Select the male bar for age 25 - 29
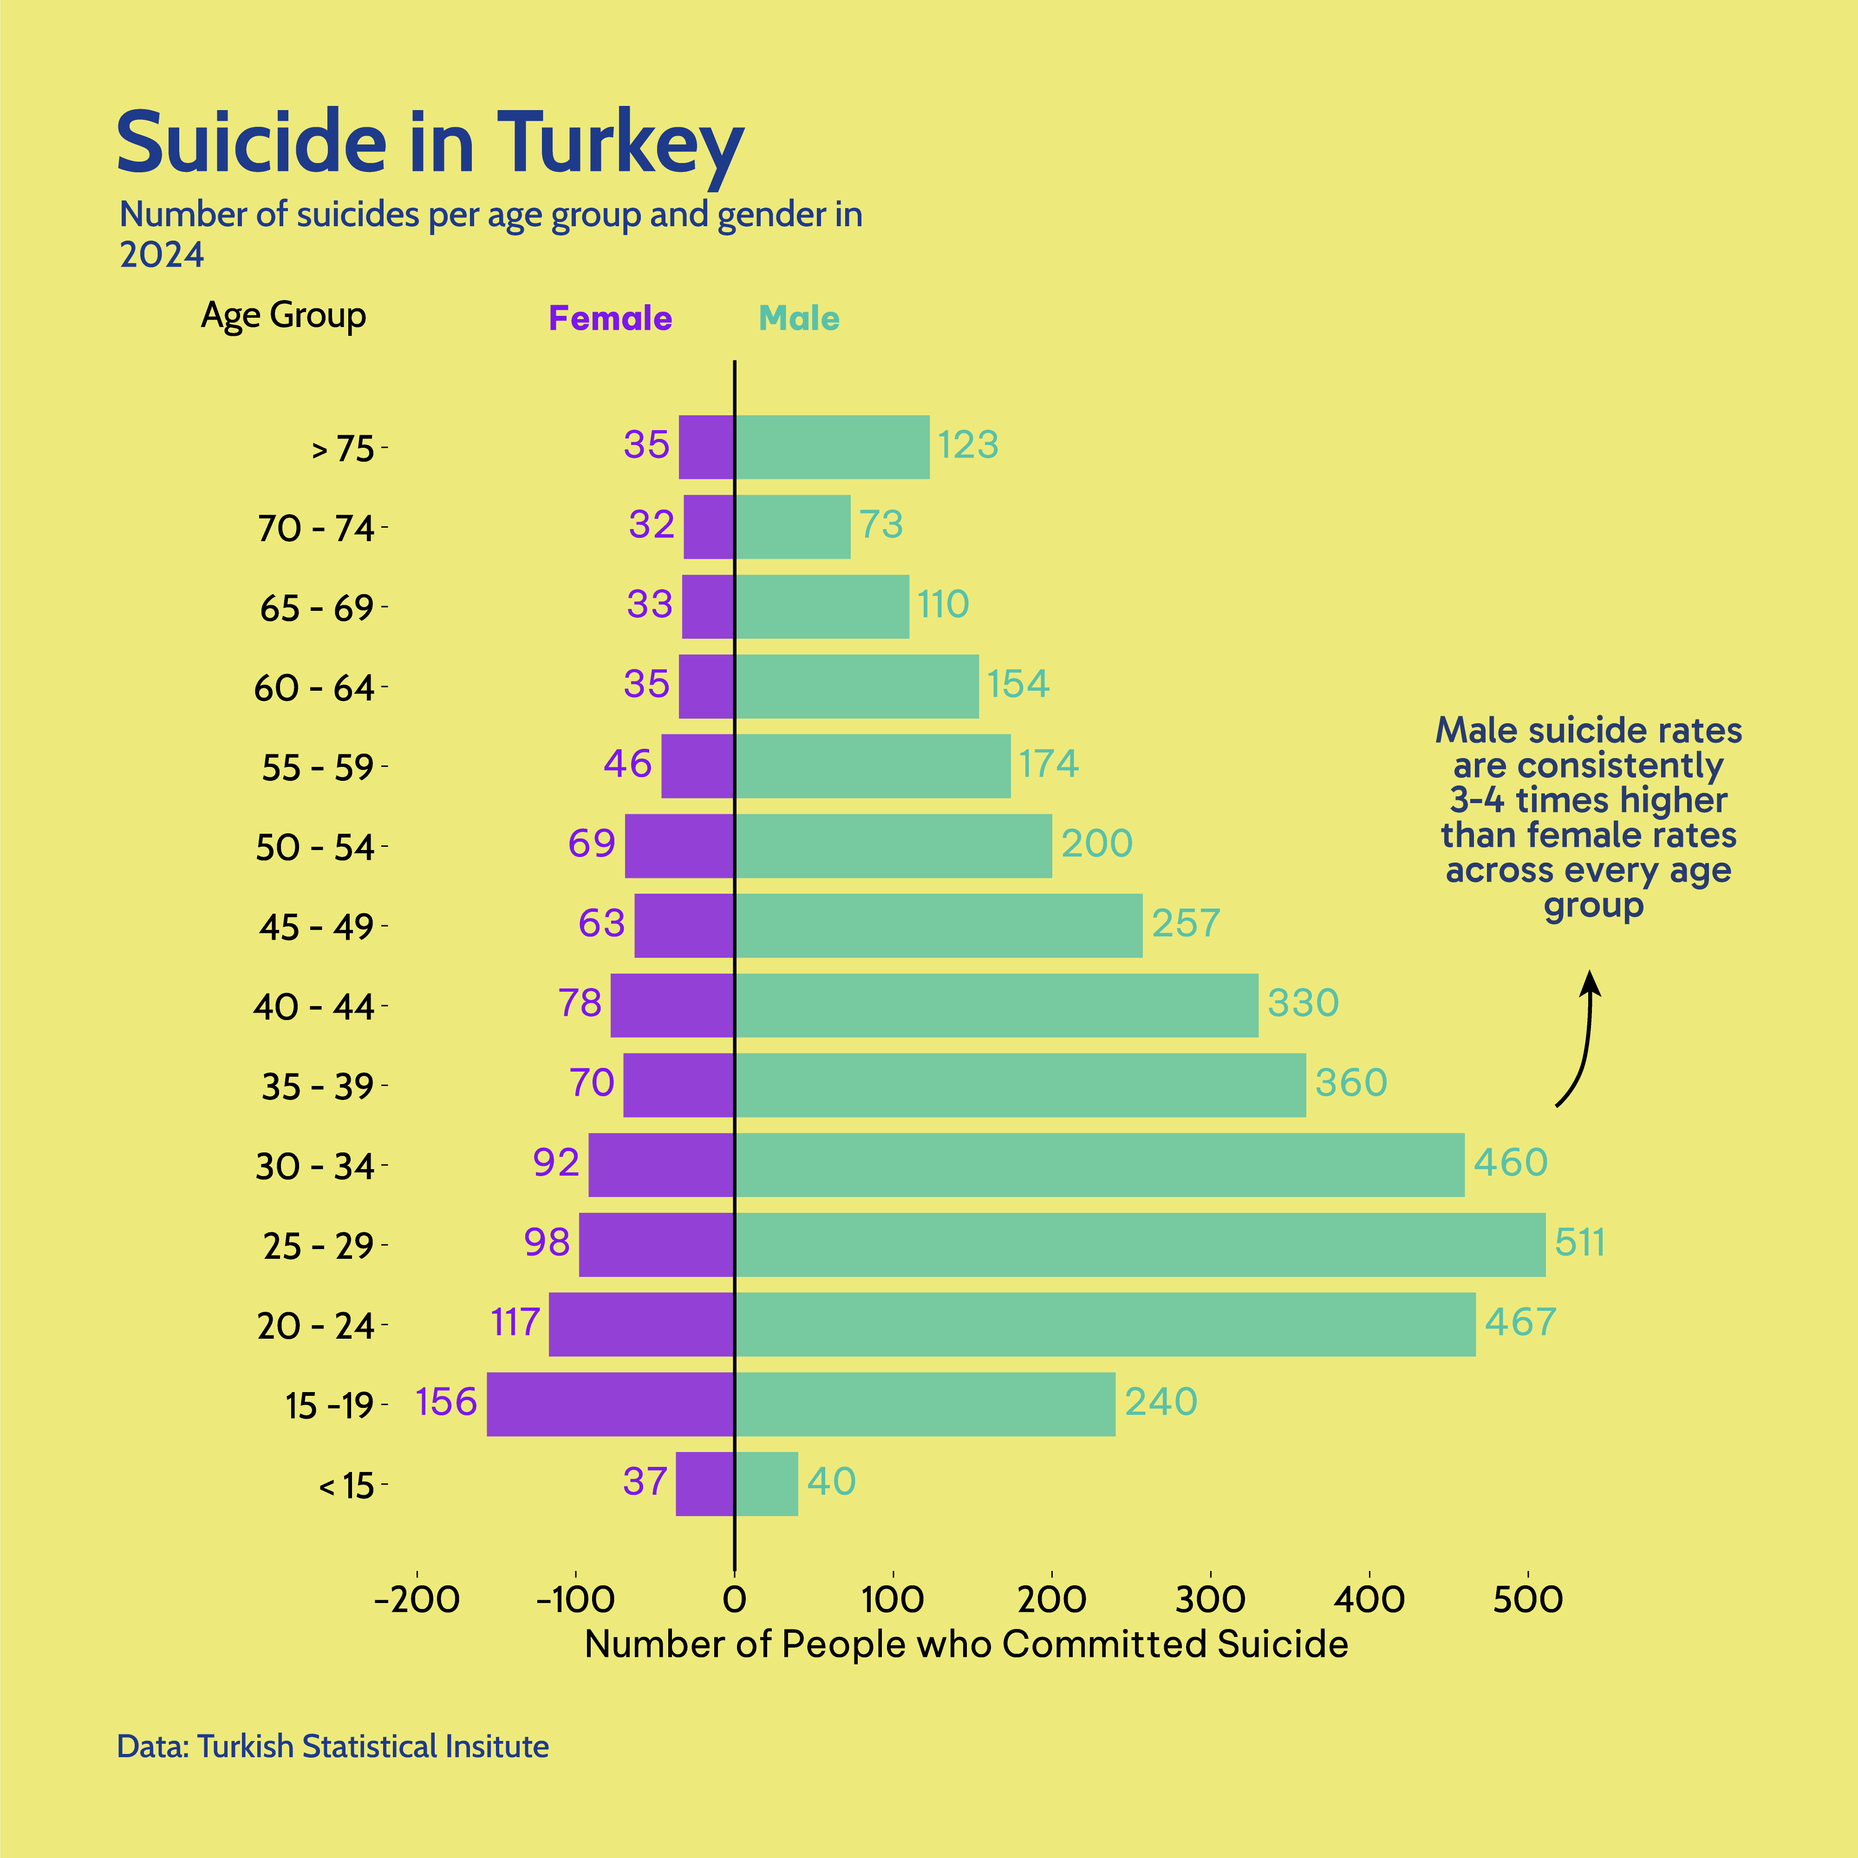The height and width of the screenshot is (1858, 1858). (1140, 1244)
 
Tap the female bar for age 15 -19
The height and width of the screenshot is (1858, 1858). (611, 1404)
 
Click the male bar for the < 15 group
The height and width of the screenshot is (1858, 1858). (767, 1484)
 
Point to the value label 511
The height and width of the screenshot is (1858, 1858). (1580, 1243)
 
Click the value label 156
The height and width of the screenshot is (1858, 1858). (446, 1402)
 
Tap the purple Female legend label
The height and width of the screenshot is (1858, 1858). (610, 318)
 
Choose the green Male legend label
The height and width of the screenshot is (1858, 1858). (799, 318)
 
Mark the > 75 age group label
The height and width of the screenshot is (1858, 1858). (343, 449)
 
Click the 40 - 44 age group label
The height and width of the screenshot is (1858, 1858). (314, 1007)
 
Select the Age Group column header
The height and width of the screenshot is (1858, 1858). (284, 315)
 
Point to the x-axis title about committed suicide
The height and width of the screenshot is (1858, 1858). (966, 1644)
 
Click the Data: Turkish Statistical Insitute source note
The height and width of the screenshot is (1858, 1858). (333, 1747)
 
